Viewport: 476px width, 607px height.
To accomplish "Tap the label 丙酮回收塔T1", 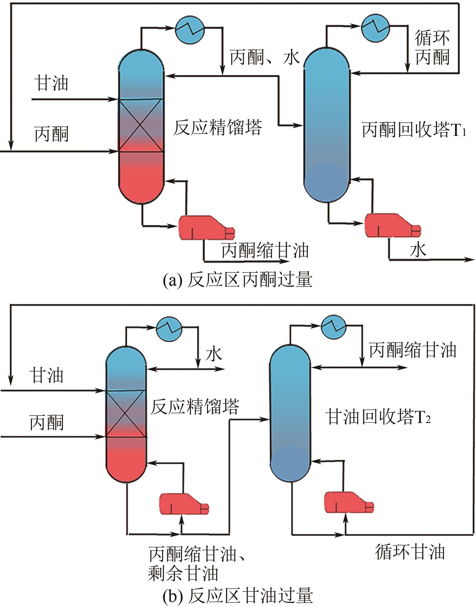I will [414, 130].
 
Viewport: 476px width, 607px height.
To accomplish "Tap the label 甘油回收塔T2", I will [378, 417].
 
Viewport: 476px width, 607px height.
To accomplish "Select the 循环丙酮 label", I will [432, 48].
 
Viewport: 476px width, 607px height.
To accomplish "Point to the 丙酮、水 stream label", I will [265, 57].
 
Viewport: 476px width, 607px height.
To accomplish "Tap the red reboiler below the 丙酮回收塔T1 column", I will [391, 226].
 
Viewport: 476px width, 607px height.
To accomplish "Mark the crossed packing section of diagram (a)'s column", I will [141, 125].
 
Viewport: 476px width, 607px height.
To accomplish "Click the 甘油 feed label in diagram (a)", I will [51, 84].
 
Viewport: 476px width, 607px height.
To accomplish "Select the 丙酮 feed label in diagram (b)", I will [47, 423].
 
